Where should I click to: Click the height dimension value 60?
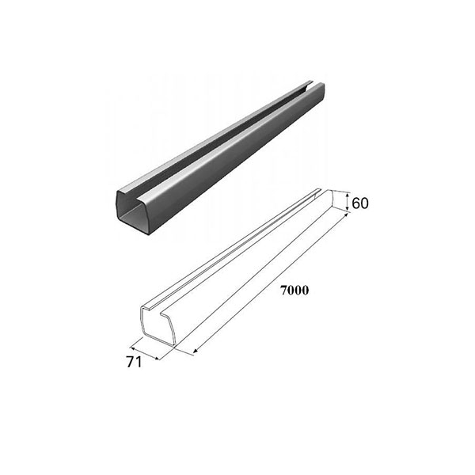coord(360,203)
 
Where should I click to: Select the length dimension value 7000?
coord(294,291)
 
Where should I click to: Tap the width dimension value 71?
coord(134,362)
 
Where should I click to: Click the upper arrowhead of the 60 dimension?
coord(348,196)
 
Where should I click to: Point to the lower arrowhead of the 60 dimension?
coord(348,209)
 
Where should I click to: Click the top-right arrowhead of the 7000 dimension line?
coord(345,215)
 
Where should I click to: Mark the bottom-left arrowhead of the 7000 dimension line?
coord(196,351)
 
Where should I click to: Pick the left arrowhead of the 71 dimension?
coord(132,348)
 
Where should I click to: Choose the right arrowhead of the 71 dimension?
coord(156,359)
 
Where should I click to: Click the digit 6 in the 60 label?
coord(355,203)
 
